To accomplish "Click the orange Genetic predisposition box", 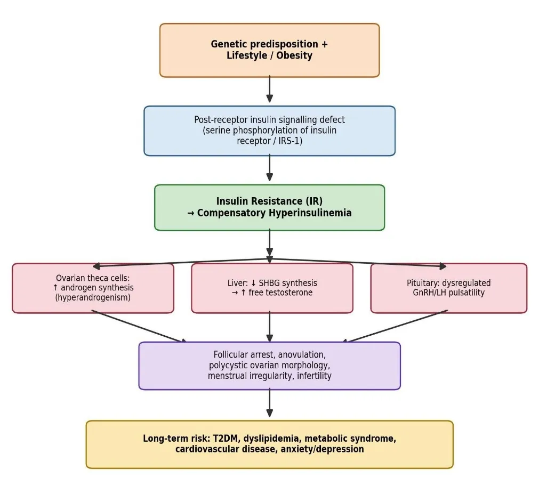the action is point(270,50).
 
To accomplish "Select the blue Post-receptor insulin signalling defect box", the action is point(270,131).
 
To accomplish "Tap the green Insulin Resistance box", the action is point(270,207).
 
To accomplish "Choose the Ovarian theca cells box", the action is point(93,288).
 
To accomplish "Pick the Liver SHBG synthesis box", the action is point(272,288).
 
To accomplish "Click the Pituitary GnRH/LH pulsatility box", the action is point(448,288).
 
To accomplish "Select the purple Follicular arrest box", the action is point(270,366).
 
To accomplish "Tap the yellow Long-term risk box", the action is point(270,444).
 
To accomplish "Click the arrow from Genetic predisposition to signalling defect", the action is point(270,89).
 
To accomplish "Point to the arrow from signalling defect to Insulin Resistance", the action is point(270,168).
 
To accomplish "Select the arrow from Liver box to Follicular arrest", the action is point(270,327).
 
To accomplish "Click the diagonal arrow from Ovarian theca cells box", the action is point(139,327).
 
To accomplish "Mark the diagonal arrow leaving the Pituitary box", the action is point(395,327).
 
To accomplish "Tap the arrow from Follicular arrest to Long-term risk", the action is point(270,403).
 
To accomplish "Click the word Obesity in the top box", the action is point(294,55).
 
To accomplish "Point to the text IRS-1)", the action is point(290,141).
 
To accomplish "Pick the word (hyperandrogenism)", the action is point(93,297).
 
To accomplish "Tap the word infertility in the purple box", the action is point(314,376).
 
